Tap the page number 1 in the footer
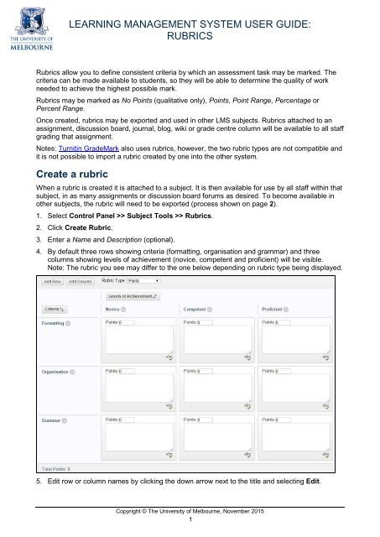tap(190, 519)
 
